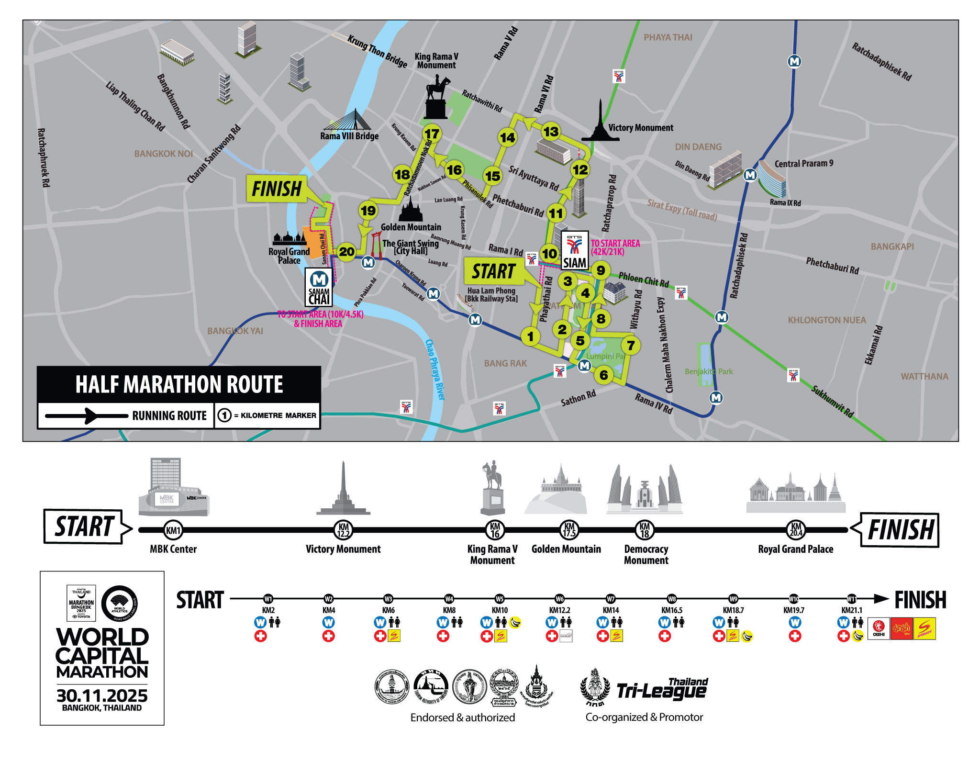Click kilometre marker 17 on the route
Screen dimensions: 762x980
coord(432,134)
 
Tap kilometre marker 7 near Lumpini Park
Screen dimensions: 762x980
coord(631,345)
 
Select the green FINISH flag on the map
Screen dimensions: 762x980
coord(277,188)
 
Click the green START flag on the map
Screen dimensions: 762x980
coord(493,271)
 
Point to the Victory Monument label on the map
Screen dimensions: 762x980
coord(640,128)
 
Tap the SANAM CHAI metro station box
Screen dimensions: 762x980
coord(319,287)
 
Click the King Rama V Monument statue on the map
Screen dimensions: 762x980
coord(436,99)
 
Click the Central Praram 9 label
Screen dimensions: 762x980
coord(803,164)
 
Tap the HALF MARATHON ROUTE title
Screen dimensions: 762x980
coord(179,384)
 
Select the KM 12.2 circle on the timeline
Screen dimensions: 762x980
coord(343,530)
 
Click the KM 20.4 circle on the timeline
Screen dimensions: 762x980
coord(796,530)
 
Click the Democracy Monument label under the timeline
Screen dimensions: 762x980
coord(646,554)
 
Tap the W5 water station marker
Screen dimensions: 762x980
coord(499,599)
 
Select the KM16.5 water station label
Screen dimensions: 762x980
coord(671,610)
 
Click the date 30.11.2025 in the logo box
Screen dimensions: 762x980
coord(102,695)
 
